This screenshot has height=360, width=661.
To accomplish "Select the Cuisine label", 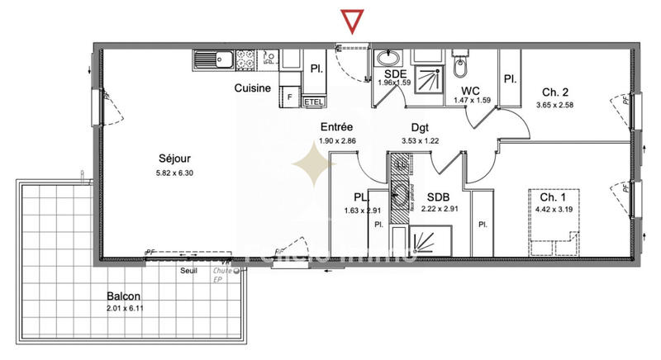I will [x=253, y=88].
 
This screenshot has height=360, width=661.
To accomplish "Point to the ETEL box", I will [x=313, y=102].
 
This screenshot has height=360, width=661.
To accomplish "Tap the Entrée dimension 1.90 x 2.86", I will [x=336, y=140].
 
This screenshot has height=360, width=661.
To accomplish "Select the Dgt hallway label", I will [x=421, y=128].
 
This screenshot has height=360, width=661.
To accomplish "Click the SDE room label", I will [x=394, y=73].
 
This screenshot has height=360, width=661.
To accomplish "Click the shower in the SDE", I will [x=426, y=75].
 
